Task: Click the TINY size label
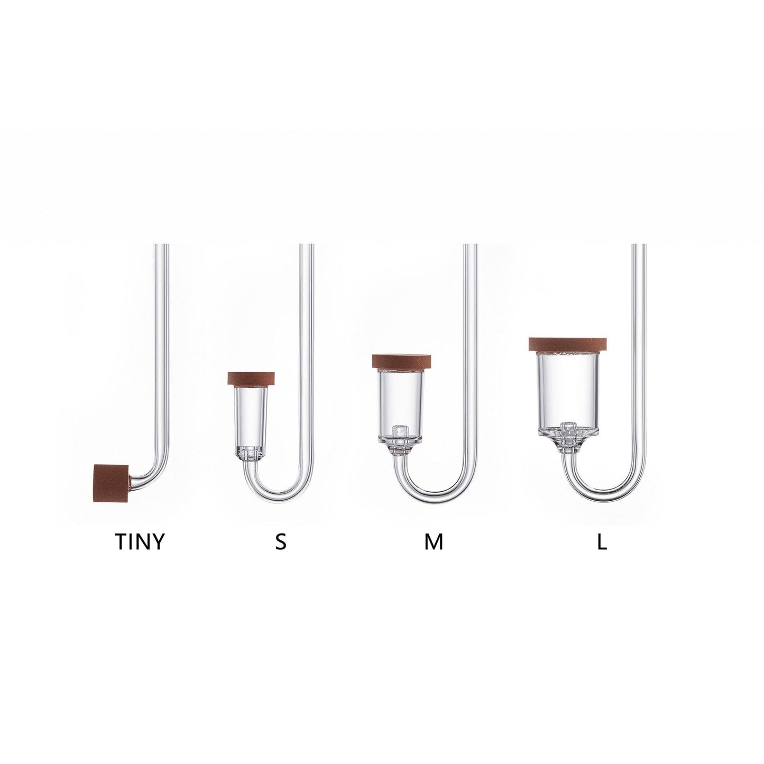pyautogui.click(x=140, y=542)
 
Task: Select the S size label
pyautogui.click(x=281, y=542)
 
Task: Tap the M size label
pyautogui.click(x=433, y=542)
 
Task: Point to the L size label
pyautogui.click(x=601, y=542)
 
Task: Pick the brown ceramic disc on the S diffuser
pyautogui.click(x=251, y=379)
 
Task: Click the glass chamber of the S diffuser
pyautogui.click(x=251, y=412)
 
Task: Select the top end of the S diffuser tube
pyautogui.click(x=307, y=246)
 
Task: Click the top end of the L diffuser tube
pyautogui.click(x=640, y=246)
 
